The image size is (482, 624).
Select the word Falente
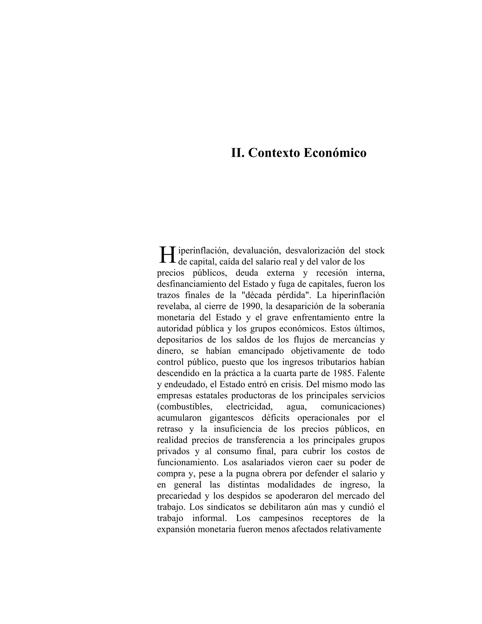coord(371,373)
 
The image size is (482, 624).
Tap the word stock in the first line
coord(375,251)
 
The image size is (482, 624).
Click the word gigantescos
coord(232,418)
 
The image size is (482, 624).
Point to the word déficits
coord(275,418)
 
